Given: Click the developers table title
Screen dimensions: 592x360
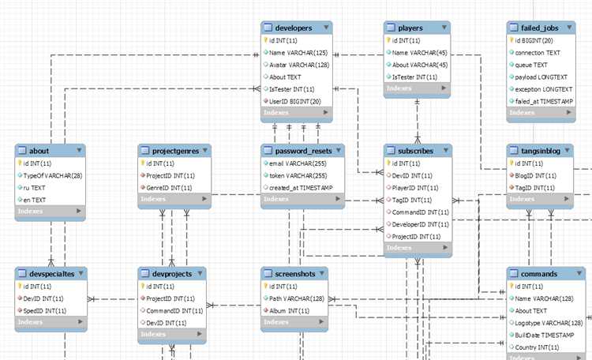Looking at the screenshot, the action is (x=294, y=28).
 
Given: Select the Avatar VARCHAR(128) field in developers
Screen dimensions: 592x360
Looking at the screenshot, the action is (x=299, y=65).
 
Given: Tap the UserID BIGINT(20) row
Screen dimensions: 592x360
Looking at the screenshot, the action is (x=295, y=101).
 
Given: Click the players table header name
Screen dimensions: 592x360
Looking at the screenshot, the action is (x=410, y=28).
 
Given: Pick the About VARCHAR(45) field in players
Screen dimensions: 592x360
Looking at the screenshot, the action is (x=420, y=65).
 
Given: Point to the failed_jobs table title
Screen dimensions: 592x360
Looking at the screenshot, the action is (x=540, y=28).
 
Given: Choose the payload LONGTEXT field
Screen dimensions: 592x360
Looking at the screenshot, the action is (x=541, y=77).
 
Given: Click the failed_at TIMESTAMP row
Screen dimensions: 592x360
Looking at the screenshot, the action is (x=544, y=101).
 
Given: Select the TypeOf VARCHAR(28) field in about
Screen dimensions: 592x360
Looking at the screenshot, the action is (x=52, y=175).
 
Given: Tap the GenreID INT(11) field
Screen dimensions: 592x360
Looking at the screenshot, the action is (x=169, y=188).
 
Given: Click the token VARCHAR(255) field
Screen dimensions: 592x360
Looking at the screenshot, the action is (x=298, y=175).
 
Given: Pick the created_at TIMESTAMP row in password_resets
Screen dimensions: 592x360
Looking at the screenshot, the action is (x=301, y=188).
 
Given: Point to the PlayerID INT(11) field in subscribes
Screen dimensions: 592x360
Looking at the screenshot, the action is (x=415, y=188).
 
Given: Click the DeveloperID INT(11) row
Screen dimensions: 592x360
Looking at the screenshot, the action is (x=420, y=224).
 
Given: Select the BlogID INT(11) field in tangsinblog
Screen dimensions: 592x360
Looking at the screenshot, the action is (x=535, y=175).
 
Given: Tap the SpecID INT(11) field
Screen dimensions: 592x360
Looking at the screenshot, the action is (x=44, y=310).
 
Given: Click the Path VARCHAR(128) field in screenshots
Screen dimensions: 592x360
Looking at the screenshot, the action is (x=296, y=298).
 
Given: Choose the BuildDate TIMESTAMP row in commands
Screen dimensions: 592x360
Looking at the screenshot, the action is (x=545, y=335).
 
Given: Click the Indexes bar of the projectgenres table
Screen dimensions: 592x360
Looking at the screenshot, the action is (x=174, y=199).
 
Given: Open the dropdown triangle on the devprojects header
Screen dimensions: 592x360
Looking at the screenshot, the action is (x=200, y=273).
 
